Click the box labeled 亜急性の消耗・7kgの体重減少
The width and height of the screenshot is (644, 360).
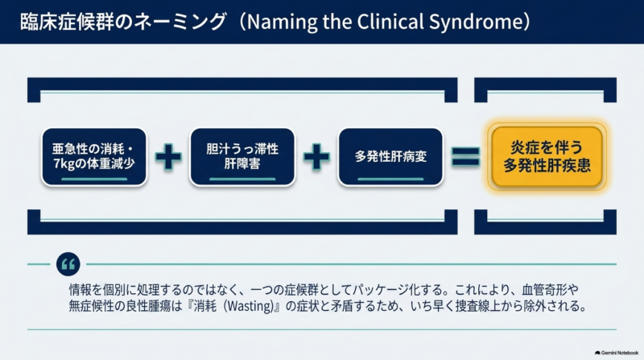coord(94,156)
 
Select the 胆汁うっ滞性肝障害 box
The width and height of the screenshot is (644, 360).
coord(242,156)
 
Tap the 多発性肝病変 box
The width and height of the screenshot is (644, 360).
coord(390,156)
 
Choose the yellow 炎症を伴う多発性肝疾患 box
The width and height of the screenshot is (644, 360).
coord(547,156)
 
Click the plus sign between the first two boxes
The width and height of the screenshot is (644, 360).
coord(168,156)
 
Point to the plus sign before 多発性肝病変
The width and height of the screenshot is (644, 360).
coord(316,156)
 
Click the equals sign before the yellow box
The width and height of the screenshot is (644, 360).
coord(465,156)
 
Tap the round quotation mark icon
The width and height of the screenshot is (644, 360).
coord(68,264)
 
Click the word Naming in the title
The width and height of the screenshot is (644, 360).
coord(283,23)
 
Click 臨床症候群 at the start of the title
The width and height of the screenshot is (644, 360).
coord(67,22)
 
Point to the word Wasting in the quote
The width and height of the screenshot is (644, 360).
coord(250,307)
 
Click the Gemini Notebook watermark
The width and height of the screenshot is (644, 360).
coord(617,353)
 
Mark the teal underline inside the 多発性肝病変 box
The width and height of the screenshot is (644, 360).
coord(390,179)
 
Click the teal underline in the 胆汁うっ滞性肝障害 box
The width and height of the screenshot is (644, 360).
coord(242,179)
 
